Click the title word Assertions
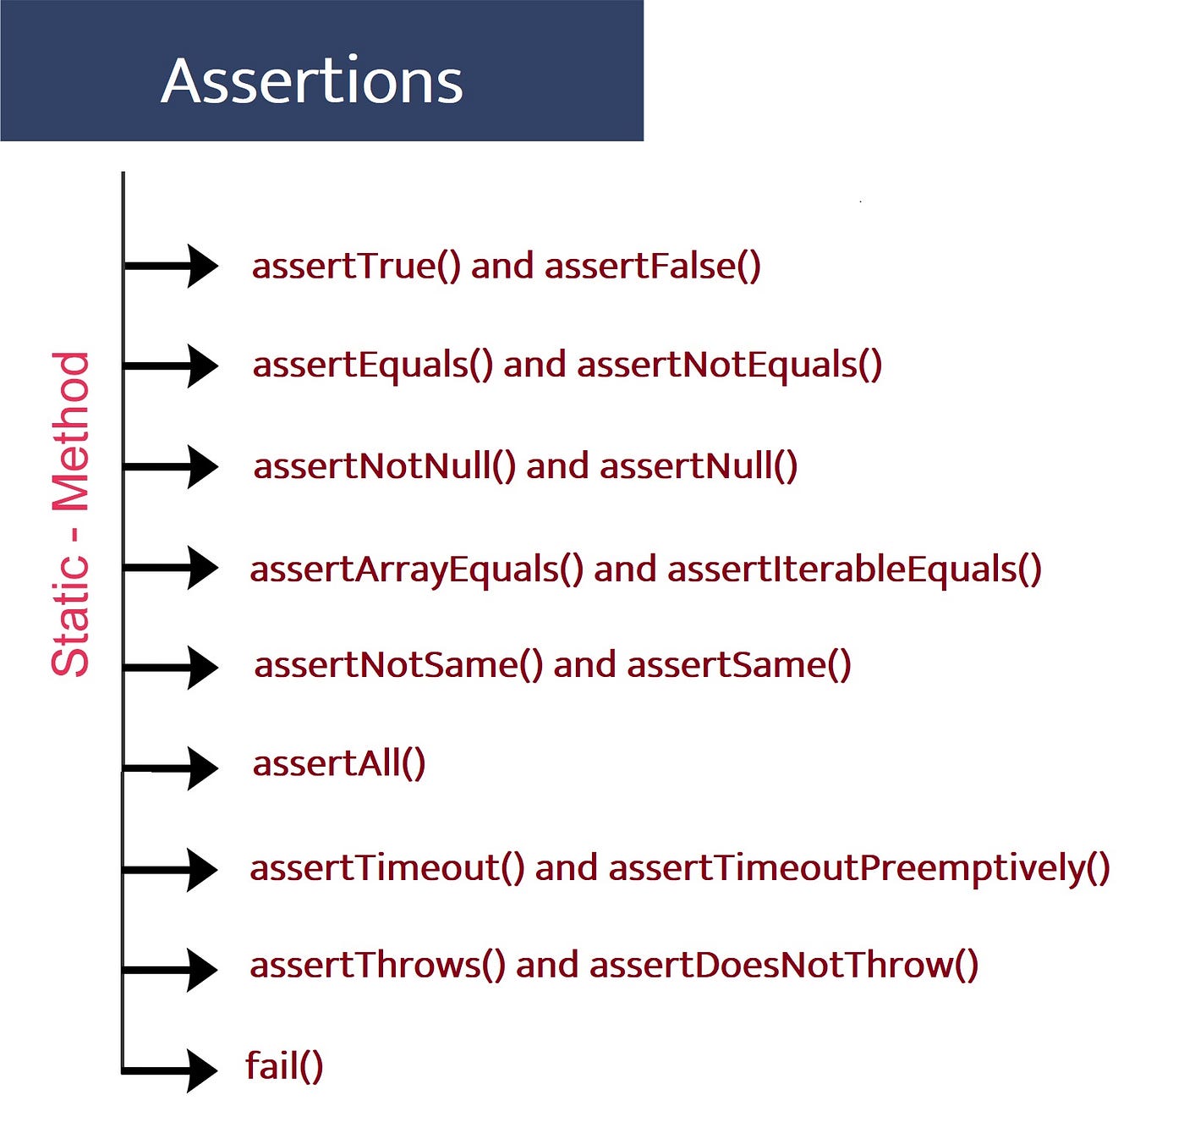click(x=311, y=81)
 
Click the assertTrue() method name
click(x=356, y=267)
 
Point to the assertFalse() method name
click(x=652, y=267)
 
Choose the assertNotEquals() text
click(x=729, y=366)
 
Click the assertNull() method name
click(x=699, y=467)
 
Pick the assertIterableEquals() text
click(x=854, y=569)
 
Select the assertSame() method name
click(x=738, y=665)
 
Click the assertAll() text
click(x=339, y=763)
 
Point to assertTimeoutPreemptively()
click(x=859, y=869)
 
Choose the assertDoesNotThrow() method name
click(x=784, y=966)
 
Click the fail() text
click(x=284, y=1065)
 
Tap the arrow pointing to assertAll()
click(x=170, y=769)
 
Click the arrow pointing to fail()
click(x=170, y=1070)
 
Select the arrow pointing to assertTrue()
click(x=170, y=266)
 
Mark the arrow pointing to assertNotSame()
click(x=170, y=668)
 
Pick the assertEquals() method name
click(x=372, y=366)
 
